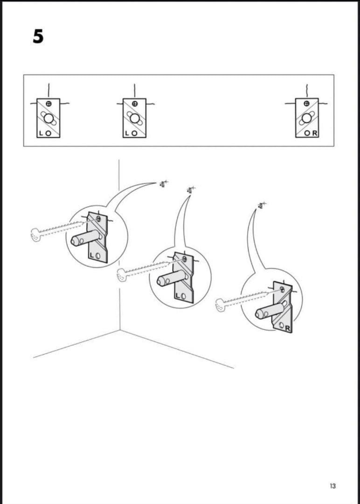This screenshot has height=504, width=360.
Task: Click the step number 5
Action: tap(38, 36)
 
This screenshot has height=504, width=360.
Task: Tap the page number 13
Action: tap(332, 486)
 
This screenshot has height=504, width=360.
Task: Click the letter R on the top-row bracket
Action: tap(315, 133)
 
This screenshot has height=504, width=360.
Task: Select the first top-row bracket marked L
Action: tap(48, 118)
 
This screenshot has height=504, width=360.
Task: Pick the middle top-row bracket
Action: tap(134, 118)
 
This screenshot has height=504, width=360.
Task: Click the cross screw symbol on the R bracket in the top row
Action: tap(306, 103)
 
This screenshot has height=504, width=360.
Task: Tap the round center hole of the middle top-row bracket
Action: tap(134, 118)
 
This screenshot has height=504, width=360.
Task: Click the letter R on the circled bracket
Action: tap(287, 329)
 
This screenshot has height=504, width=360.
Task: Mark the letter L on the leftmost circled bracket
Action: tap(92, 255)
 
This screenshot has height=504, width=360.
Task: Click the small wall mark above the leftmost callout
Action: tap(163, 184)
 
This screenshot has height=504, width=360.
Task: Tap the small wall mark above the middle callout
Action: tap(190, 189)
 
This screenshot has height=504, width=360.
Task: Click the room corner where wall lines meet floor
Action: tap(119, 330)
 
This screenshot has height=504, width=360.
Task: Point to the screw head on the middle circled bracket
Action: tap(184, 258)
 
